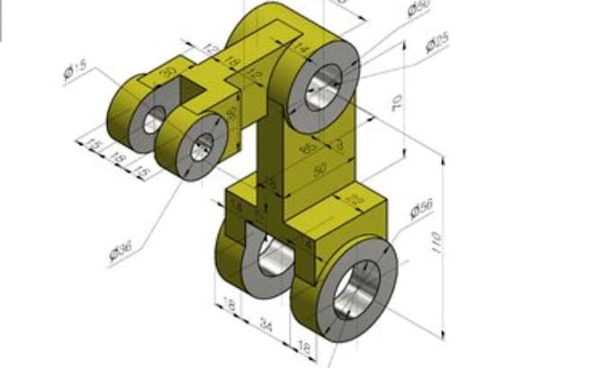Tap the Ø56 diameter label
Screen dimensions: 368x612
pyautogui.click(x=421, y=209)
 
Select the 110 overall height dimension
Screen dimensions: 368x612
pyautogui.click(x=436, y=241)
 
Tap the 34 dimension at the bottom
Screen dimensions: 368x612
pyautogui.click(x=265, y=323)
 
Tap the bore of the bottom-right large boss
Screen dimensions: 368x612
pyautogui.click(x=357, y=288)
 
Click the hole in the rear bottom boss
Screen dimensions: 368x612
pyautogui.click(x=274, y=259)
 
